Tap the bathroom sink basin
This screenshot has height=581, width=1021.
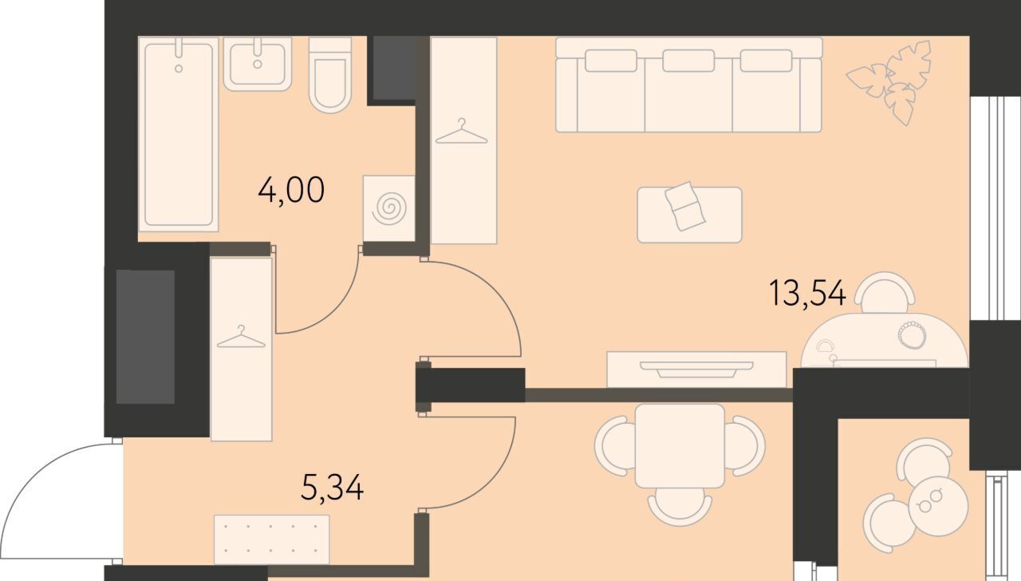(258, 64)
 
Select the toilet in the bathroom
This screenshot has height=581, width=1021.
(330, 75)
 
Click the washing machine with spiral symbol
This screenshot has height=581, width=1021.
(388, 208)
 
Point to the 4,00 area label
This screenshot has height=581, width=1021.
(291, 191)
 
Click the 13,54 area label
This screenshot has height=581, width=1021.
(807, 293)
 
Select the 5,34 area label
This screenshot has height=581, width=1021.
(333, 488)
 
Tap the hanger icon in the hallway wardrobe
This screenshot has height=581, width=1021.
(241, 337)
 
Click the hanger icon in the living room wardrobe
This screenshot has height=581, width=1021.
(462, 132)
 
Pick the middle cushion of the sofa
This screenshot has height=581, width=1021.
(688, 61)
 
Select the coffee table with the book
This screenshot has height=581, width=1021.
(690, 215)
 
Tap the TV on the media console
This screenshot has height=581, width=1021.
(696, 369)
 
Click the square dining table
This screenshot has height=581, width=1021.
(680, 445)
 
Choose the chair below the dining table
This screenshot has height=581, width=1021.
(680, 507)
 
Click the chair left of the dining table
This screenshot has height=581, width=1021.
(615, 445)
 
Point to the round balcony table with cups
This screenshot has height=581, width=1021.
(938, 506)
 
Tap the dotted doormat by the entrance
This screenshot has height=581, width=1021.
(272, 539)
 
